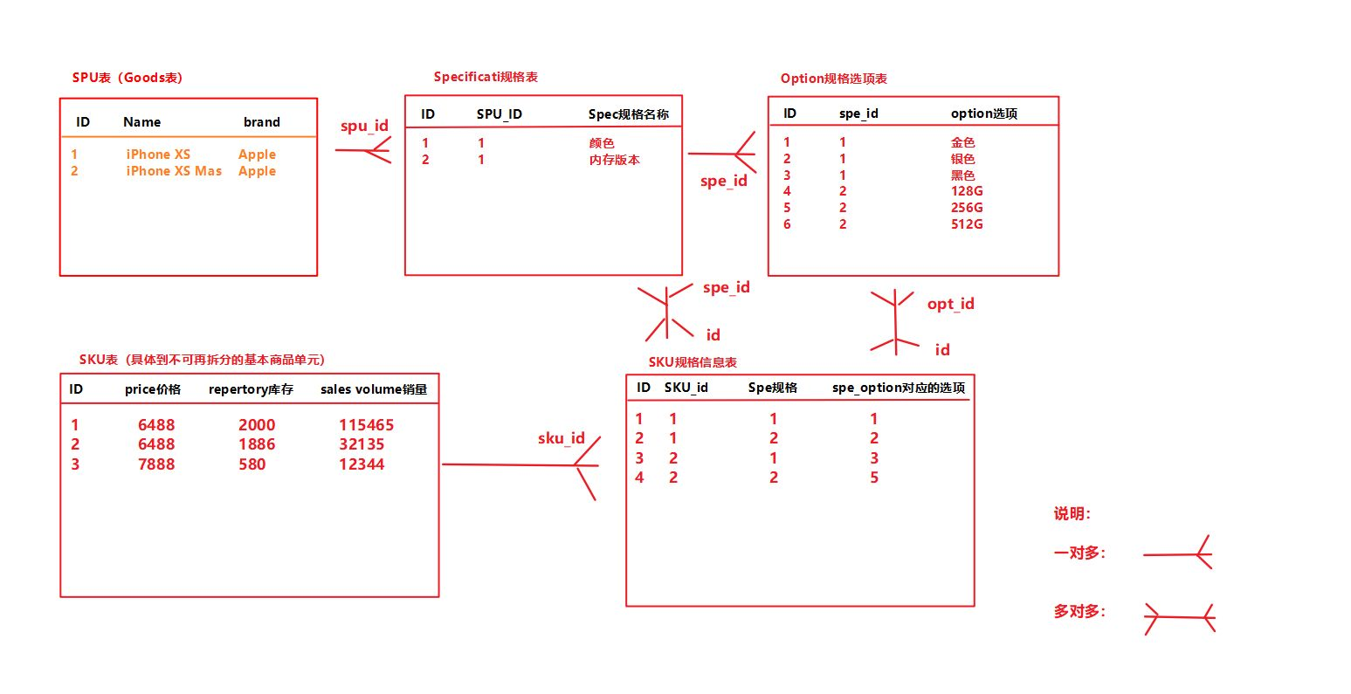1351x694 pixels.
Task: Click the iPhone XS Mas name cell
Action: pos(174,171)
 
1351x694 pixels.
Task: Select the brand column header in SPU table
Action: pos(262,122)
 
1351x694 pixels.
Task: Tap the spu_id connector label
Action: pos(364,126)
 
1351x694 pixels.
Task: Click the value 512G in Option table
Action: pos(967,224)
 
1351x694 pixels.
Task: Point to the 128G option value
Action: pos(967,191)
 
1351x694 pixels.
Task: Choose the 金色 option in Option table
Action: pos(963,142)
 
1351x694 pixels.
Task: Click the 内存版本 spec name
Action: pos(615,160)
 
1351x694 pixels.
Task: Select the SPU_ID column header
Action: pos(500,114)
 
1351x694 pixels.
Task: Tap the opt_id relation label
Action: pos(950,304)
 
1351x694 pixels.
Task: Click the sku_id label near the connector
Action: pos(562,438)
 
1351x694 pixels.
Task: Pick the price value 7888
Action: pos(156,464)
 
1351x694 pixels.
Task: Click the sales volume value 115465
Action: pos(367,425)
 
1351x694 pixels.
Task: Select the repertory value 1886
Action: pos(257,444)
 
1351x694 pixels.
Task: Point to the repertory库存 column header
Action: pos(251,389)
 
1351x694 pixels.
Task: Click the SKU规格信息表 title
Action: pos(693,362)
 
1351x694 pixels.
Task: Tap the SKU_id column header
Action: pos(686,388)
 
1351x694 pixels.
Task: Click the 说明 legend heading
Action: pos(1072,514)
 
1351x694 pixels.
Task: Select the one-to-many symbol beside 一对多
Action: pos(1178,553)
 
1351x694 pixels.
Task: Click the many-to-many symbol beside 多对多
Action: pos(1180,618)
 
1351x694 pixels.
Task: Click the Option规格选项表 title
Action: pos(834,79)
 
